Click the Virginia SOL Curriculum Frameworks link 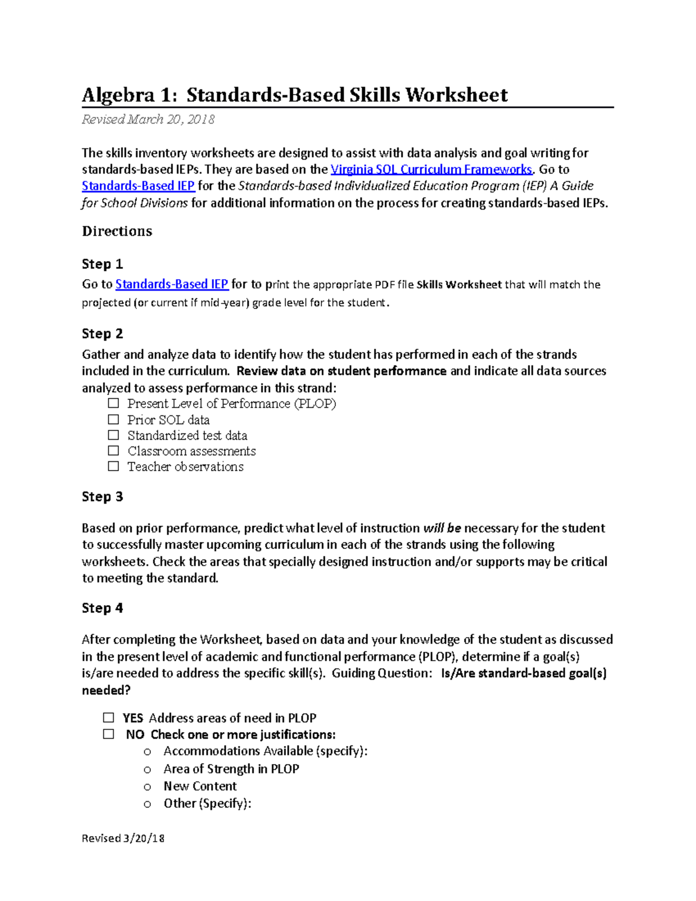click(431, 169)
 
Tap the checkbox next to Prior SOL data click(114, 419)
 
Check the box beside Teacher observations click(114, 466)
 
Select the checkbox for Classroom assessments click(114, 451)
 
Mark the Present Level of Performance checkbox click(114, 403)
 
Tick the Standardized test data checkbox click(114, 435)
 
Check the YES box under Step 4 click(108, 718)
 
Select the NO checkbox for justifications click(108, 734)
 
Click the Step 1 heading click(102, 264)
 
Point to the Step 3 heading click(102, 497)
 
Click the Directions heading click(117, 231)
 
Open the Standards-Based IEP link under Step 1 click(172, 284)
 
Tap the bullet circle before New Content click(147, 787)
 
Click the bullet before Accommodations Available click(147, 752)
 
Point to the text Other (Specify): click(207, 804)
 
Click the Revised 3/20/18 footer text click(123, 838)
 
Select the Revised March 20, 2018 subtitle click(148, 120)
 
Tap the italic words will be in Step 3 click(442, 528)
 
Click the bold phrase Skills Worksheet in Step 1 click(459, 285)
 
